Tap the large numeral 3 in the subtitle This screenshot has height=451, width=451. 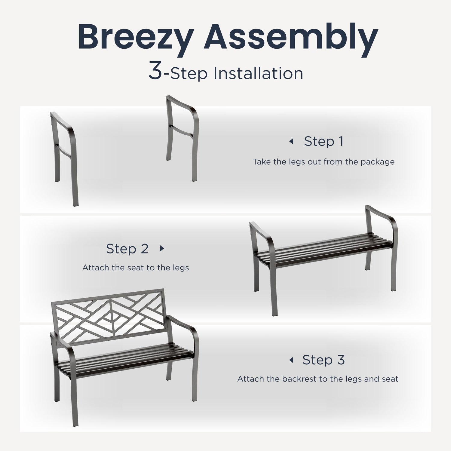point(155,71)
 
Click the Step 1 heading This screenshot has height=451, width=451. point(324,141)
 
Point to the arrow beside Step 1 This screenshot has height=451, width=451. point(291,141)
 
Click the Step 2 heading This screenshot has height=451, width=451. point(127,249)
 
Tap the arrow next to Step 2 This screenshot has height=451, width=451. point(162,248)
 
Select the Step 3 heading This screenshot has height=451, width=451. point(324,360)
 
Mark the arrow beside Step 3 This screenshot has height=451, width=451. point(291,360)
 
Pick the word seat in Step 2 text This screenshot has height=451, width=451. point(136,268)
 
